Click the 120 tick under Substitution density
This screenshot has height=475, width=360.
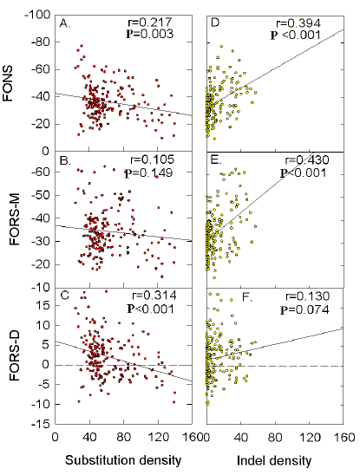coord(158,439)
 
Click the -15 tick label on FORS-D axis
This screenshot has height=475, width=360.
coord(41,425)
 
